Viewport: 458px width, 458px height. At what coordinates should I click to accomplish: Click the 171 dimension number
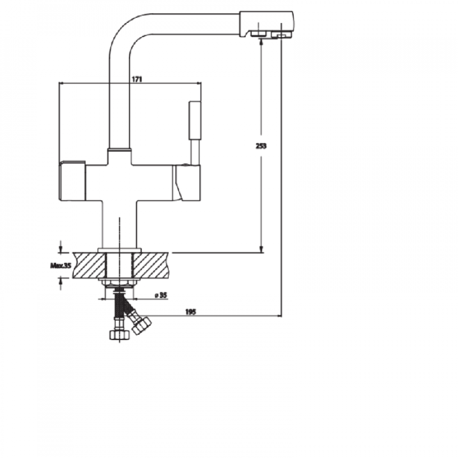point(136,79)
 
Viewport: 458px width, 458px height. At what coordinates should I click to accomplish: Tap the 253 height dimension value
point(262,146)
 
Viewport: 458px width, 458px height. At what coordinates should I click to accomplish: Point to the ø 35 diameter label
point(161,295)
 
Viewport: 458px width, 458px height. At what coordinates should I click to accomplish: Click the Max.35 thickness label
point(60,265)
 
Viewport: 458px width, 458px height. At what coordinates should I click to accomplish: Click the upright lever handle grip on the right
point(195,120)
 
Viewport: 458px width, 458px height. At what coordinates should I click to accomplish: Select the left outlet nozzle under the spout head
point(257,34)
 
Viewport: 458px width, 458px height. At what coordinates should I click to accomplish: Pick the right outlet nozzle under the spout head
point(281,35)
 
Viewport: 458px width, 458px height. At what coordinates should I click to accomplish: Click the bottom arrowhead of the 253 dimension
point(261,249)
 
